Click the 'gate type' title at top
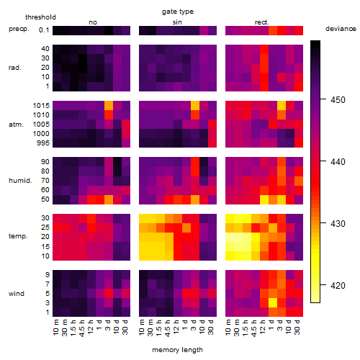coord(178,12)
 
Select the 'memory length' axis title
coord(177,350)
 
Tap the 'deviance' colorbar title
coord(341,29)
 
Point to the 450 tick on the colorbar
coord(323,99)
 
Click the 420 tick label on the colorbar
coord(338,286)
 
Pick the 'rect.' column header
coord(262,22)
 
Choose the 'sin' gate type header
coord(177,22)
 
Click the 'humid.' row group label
coord(20,181)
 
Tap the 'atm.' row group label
coord(16,125)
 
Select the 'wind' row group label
coord(17,294)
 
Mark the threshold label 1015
coord(41,106)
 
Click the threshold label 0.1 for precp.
coord(44,30)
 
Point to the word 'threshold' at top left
coord(40,17)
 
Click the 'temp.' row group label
coord(18,236)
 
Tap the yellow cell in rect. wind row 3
coord(273,303)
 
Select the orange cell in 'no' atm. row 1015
coord(109,106)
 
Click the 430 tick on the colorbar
coord(323,223)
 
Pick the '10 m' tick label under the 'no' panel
coord(56,327)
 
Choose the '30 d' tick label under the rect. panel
coord(297,327)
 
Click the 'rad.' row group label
coord(15,68)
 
